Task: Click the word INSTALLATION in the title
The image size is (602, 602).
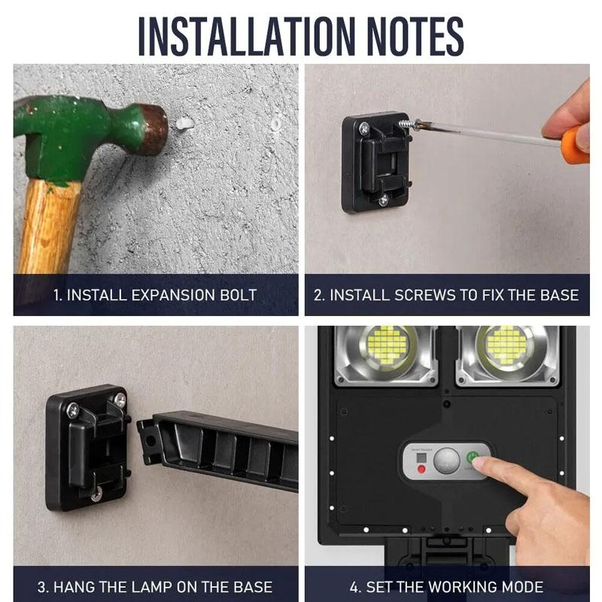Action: [x=246, y=35]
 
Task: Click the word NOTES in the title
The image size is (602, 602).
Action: [x=415, y=35]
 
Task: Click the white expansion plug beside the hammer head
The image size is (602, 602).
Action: [x=184, y=123]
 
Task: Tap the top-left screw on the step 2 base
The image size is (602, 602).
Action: [x=364, y=128]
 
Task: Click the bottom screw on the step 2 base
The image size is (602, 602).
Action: [x=383, y=199]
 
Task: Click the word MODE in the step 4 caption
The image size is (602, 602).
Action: [x=523, y=587]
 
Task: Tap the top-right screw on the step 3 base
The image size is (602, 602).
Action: [x=120, y=400]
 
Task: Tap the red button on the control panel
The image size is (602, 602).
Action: [x=421, y=469]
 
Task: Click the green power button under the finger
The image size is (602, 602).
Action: [x=472, y=458]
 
